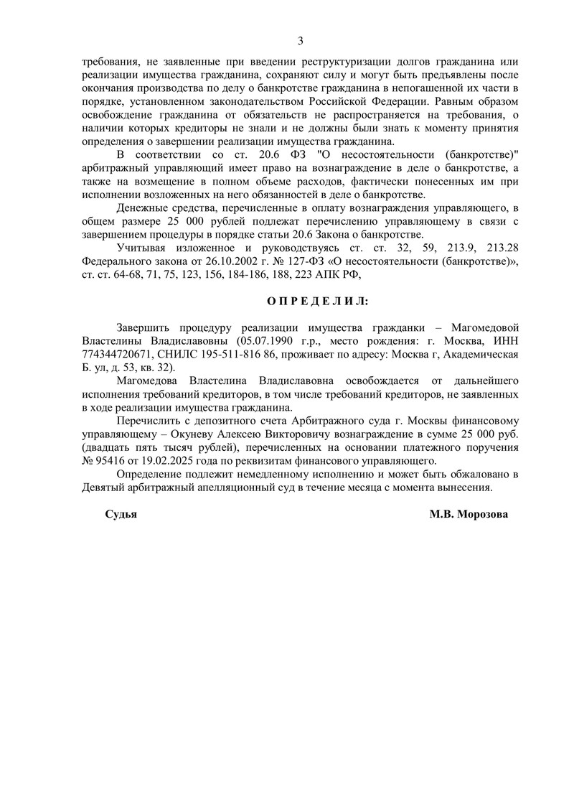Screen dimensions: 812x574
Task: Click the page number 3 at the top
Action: pyautogui.click(x=301, y=40)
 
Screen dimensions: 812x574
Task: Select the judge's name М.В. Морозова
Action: pyautogui.click(x=469, y=515)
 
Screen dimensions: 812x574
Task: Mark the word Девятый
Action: pyautogui.click(x=107, y=487)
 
